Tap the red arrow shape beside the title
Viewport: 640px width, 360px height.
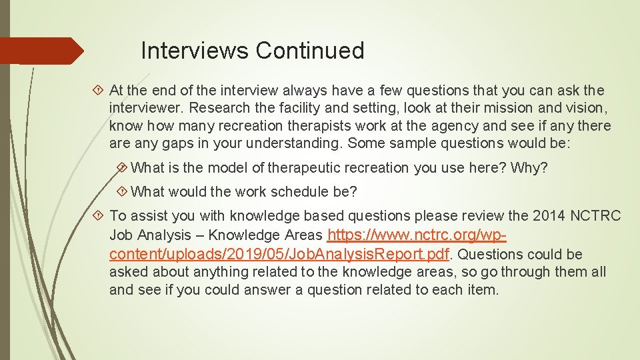[40, 51]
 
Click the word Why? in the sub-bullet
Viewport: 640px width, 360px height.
[529, 168]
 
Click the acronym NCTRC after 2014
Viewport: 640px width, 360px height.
[595, 216]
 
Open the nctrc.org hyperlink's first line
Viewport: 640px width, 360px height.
[419, 235]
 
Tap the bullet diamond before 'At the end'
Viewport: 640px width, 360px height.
[98, 90]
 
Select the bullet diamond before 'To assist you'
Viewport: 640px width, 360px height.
[98, 216]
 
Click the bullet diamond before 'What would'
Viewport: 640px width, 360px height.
[121, 192]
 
